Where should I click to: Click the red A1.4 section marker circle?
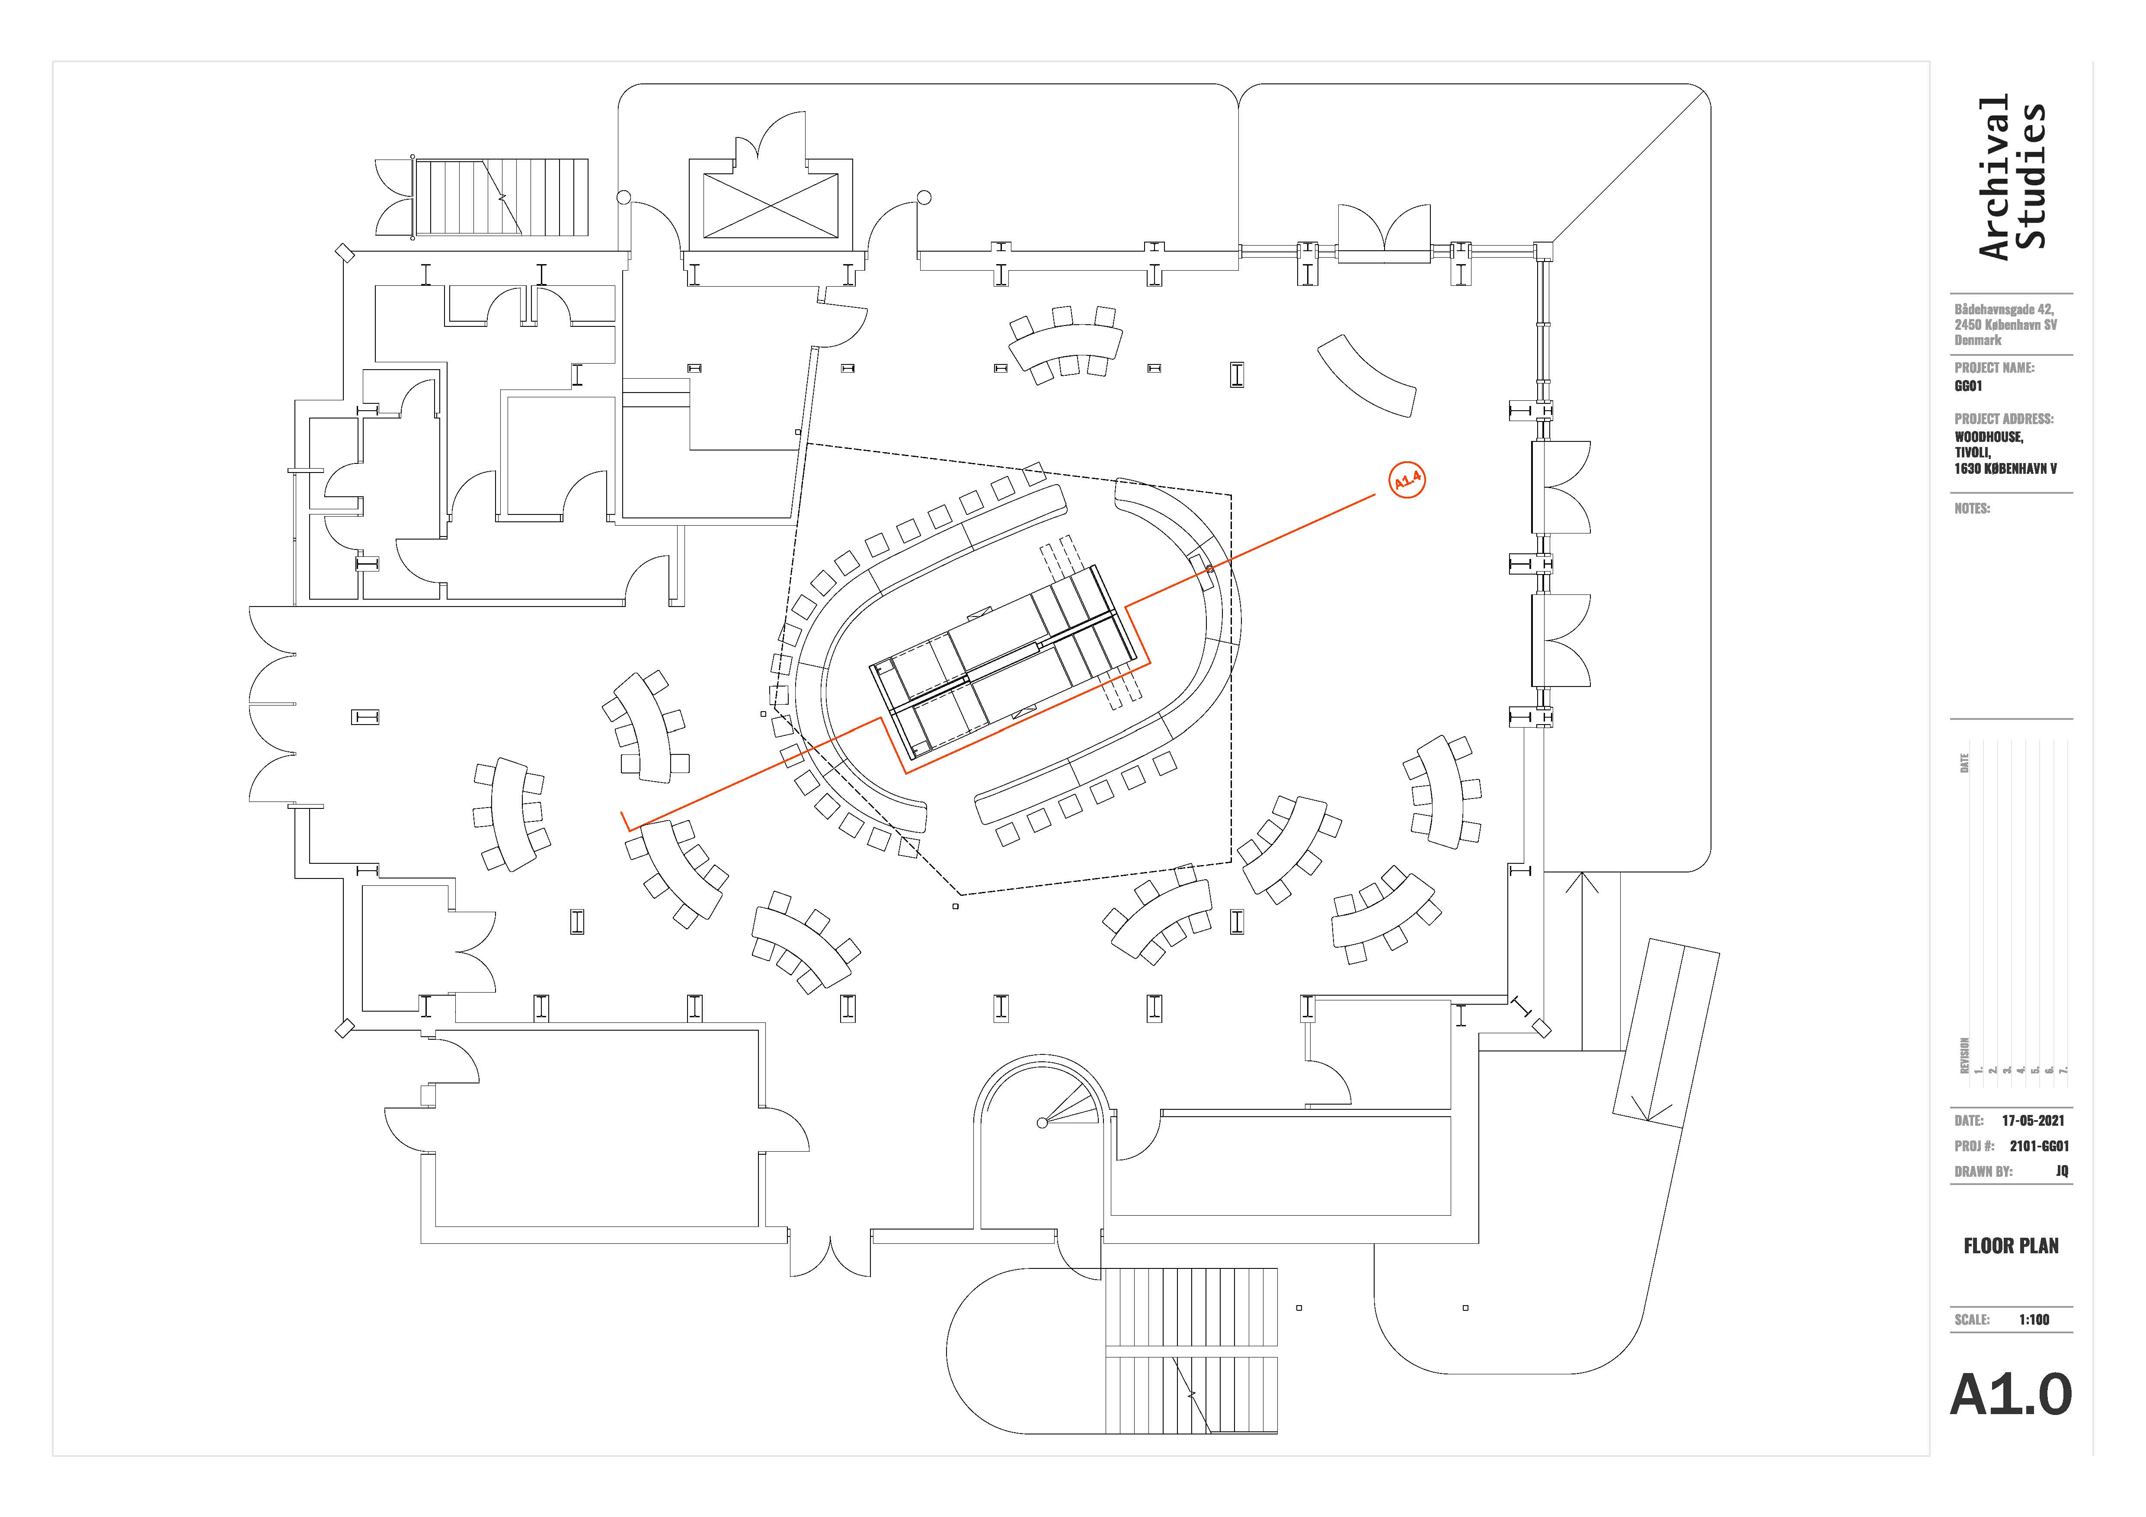point(1407,480)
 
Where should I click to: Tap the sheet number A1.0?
point(2011,1396)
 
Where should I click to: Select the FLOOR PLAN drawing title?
point(2011,1246)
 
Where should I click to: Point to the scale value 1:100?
point(2034,1320)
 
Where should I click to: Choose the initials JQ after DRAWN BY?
point(2062,1171)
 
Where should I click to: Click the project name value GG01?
point(1968,386)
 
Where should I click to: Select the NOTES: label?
point(1972,508)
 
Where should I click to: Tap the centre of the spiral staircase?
point(1043,1123)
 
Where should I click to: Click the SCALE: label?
point(1972,1320)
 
